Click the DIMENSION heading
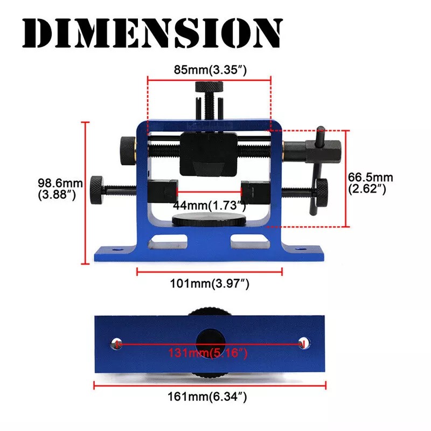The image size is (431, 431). click(152, 33)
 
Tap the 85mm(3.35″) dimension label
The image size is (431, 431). click(210, 69)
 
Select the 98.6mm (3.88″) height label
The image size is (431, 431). click(60, 189)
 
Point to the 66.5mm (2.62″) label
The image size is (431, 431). click(370, 183)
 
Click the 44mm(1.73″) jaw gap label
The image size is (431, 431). click(209, 205)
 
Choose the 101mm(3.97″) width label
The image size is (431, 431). click(210, 283)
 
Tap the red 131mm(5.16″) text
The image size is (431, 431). click(208, 353)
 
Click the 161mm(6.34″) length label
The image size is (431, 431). click(207, 397)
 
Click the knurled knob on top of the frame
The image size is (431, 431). click(209, 87)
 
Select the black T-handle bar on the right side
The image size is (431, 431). click(316, 170)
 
